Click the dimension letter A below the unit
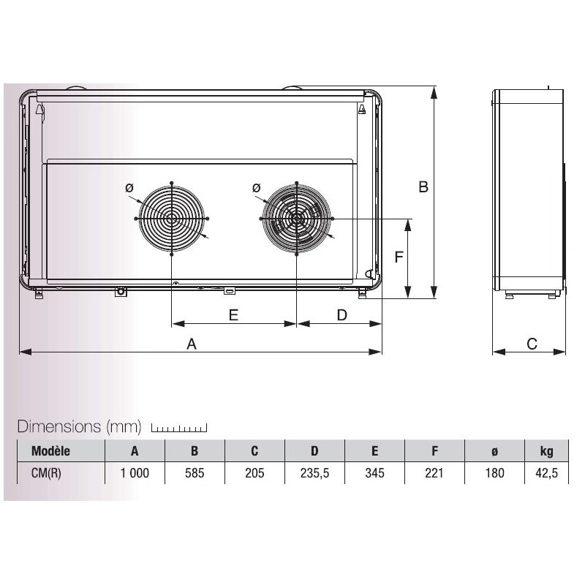click(x=192, y=344)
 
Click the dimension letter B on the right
click(x=423, y=187)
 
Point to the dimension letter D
click(x=341, y=314)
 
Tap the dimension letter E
click(x=233, y=314)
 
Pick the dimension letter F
click(x=399, y=257)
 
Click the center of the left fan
click(x=172, y=218)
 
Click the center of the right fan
click(x=297, y=218)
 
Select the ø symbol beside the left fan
click(x=129, y=188)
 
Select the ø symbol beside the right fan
click(x=255, y=188)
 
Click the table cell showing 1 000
click(x=135, y=473)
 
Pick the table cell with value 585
click(x=195, y=473)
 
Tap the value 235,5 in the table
click(x=314, y=473)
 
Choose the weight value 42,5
click(x=546, y=473)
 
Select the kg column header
click(x=547, y=450)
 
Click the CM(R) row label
click(x=46, y=473)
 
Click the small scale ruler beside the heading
click(x=179, y=428)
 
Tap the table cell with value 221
click(x=434, y=473)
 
